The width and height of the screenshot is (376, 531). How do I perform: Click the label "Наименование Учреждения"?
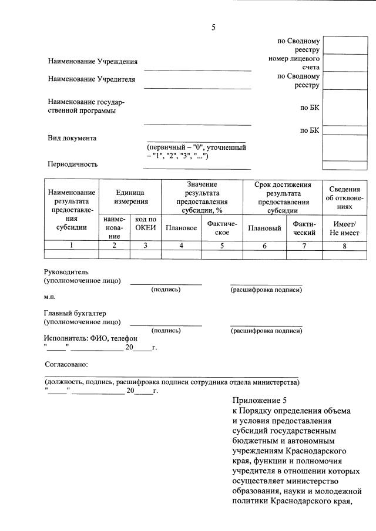point(93,62)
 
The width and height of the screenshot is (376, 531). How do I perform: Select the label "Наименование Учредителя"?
point(91,79)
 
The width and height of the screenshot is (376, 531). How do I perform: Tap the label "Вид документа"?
point(72,138)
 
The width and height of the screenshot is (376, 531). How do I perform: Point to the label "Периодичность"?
point(72,164)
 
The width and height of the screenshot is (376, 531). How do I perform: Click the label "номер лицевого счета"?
point(294,64)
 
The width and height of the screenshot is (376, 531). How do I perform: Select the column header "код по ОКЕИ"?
point(145,223)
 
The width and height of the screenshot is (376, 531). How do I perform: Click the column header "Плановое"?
point(182,228)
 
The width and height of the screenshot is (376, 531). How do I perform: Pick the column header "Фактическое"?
point(222,228)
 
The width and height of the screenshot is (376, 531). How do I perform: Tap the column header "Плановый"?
point(264,228)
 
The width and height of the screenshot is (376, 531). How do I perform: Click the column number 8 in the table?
point(344,246)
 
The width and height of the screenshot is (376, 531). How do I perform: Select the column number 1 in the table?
point(72,246)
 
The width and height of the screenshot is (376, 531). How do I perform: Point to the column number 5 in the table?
point(222,246)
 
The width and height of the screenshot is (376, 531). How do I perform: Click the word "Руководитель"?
point(66,272)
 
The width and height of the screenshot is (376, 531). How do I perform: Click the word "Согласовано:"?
point(66,364)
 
